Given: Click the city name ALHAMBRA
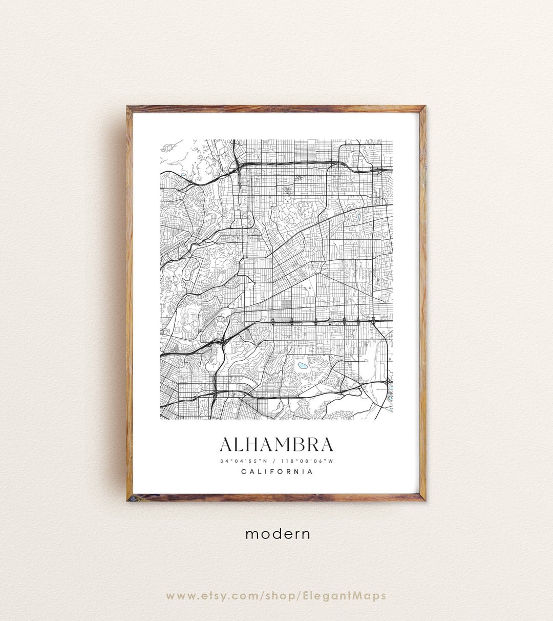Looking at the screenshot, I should pos(276,444).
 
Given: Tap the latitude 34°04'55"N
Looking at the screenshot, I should pos(241,461).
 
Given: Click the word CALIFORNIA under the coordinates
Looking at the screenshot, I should pos(276,471).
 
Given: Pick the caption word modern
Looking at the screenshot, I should pos(278,534).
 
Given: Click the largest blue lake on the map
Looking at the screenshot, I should pos(303,366).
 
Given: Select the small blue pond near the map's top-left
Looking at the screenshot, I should pos(183,175).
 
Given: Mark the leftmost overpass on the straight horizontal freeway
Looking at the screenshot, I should pos(273,322).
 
